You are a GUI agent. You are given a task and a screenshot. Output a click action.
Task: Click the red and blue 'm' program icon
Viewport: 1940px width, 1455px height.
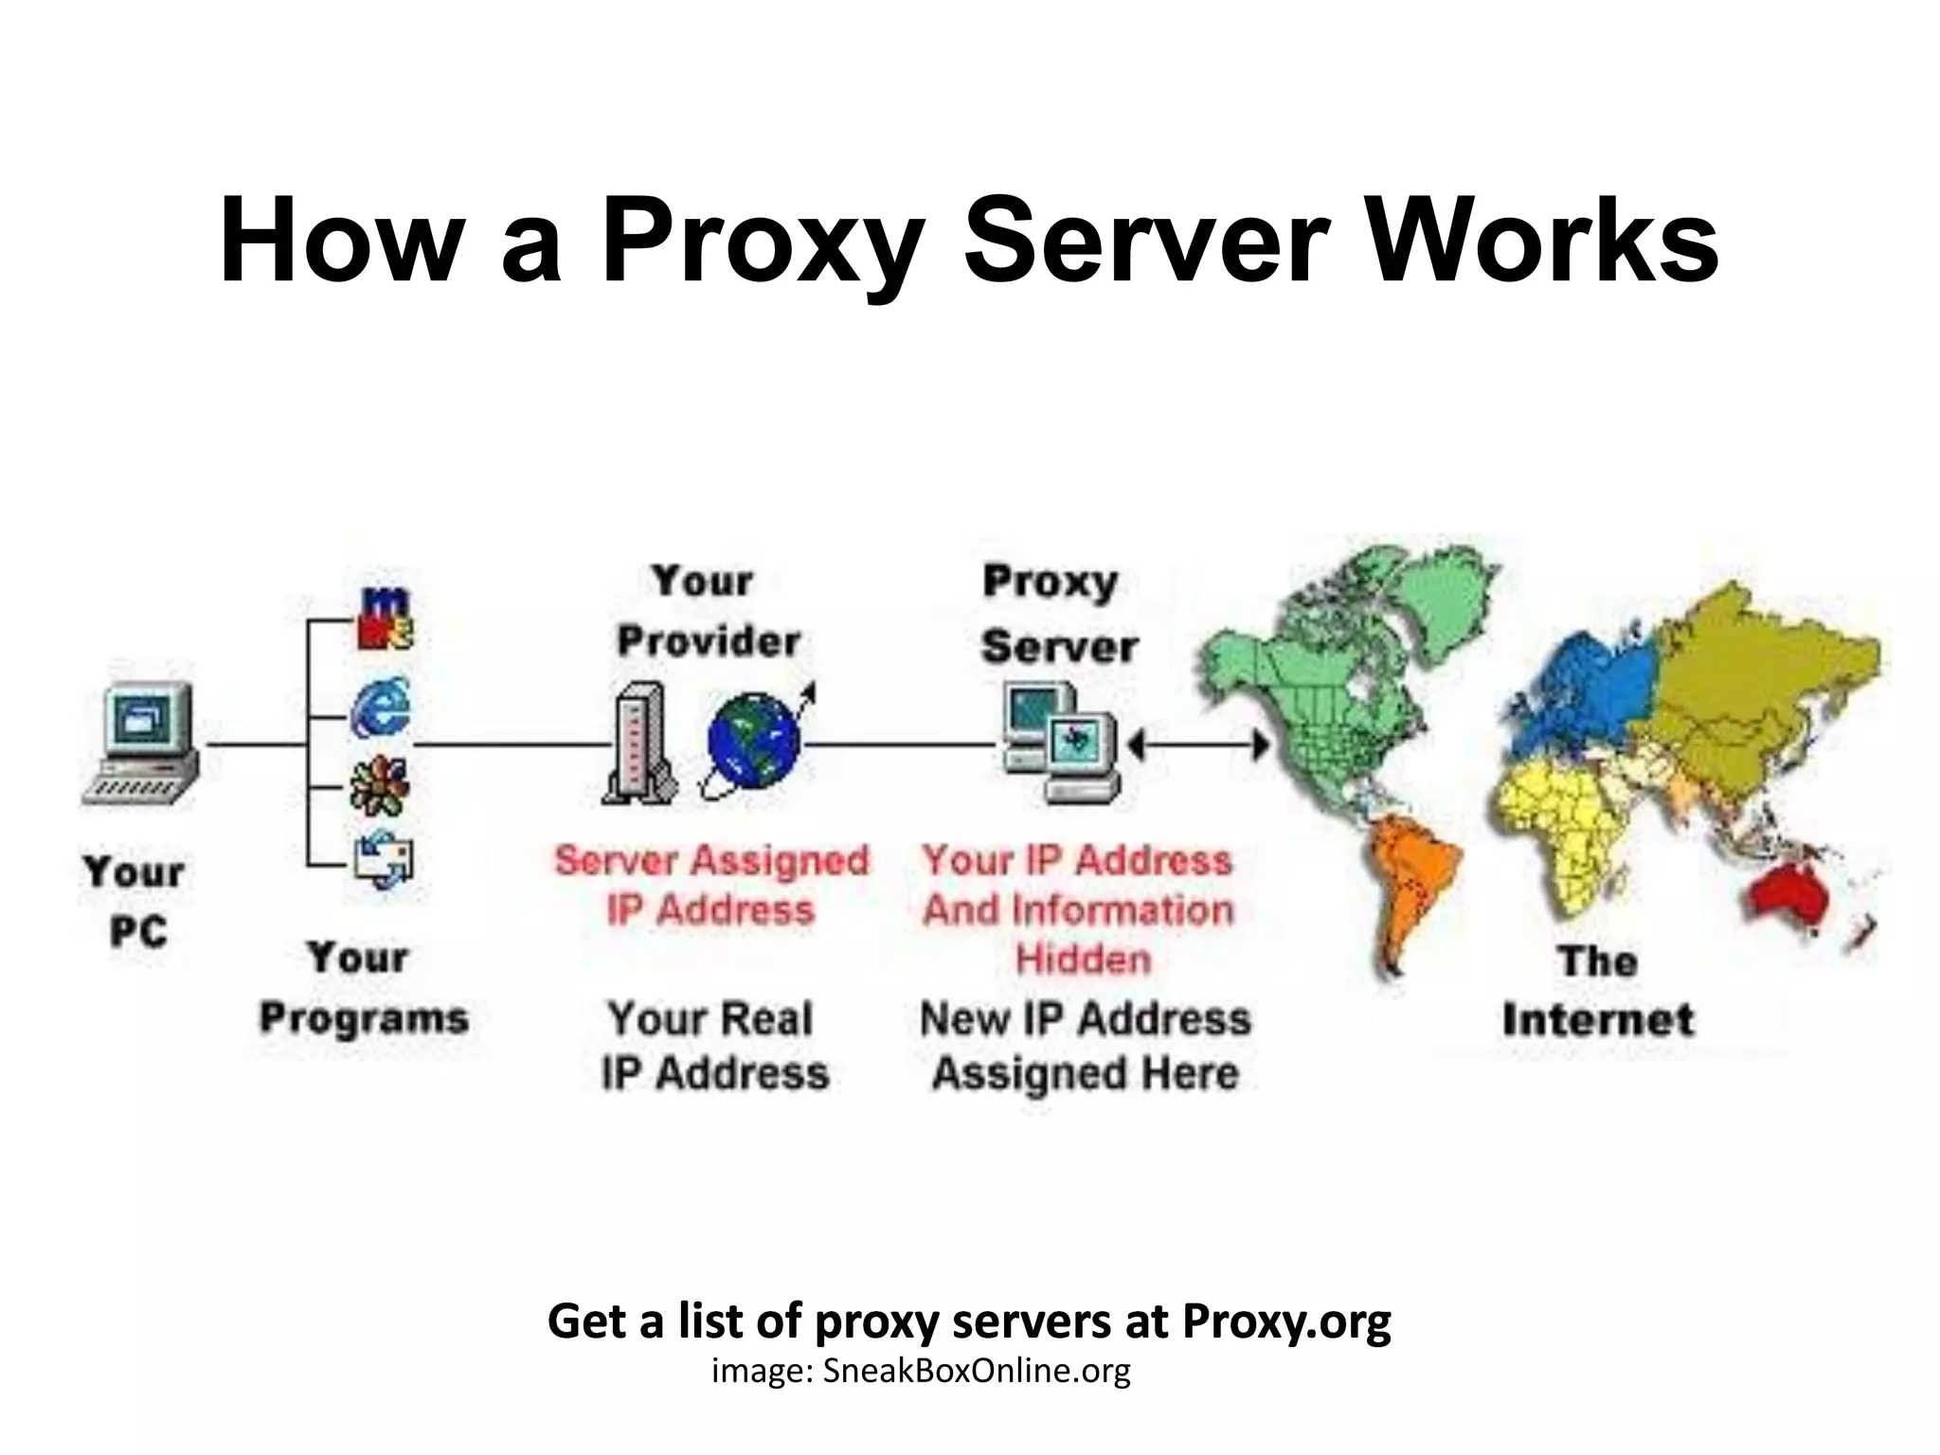coord(385,618)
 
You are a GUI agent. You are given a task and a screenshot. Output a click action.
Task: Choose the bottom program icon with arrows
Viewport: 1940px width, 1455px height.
coord(384,859)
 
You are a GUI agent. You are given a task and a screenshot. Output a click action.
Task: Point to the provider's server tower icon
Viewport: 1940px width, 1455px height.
coord(639,745)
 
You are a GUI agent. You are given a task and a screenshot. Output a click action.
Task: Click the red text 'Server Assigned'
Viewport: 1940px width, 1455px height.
coord(711,860)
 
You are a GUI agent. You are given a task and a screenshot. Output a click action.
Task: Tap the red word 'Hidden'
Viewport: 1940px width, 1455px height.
coord(1083,959)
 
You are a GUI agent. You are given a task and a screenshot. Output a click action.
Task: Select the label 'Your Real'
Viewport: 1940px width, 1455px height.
coord(710,1019)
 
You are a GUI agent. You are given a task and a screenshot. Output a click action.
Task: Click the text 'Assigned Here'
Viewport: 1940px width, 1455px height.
coord(1086,1073)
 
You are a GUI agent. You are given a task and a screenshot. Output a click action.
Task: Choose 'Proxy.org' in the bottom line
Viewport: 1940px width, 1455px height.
coord(1286,1320)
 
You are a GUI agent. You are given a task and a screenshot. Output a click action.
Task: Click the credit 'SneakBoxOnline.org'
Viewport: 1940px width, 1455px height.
coord(976,1371)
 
